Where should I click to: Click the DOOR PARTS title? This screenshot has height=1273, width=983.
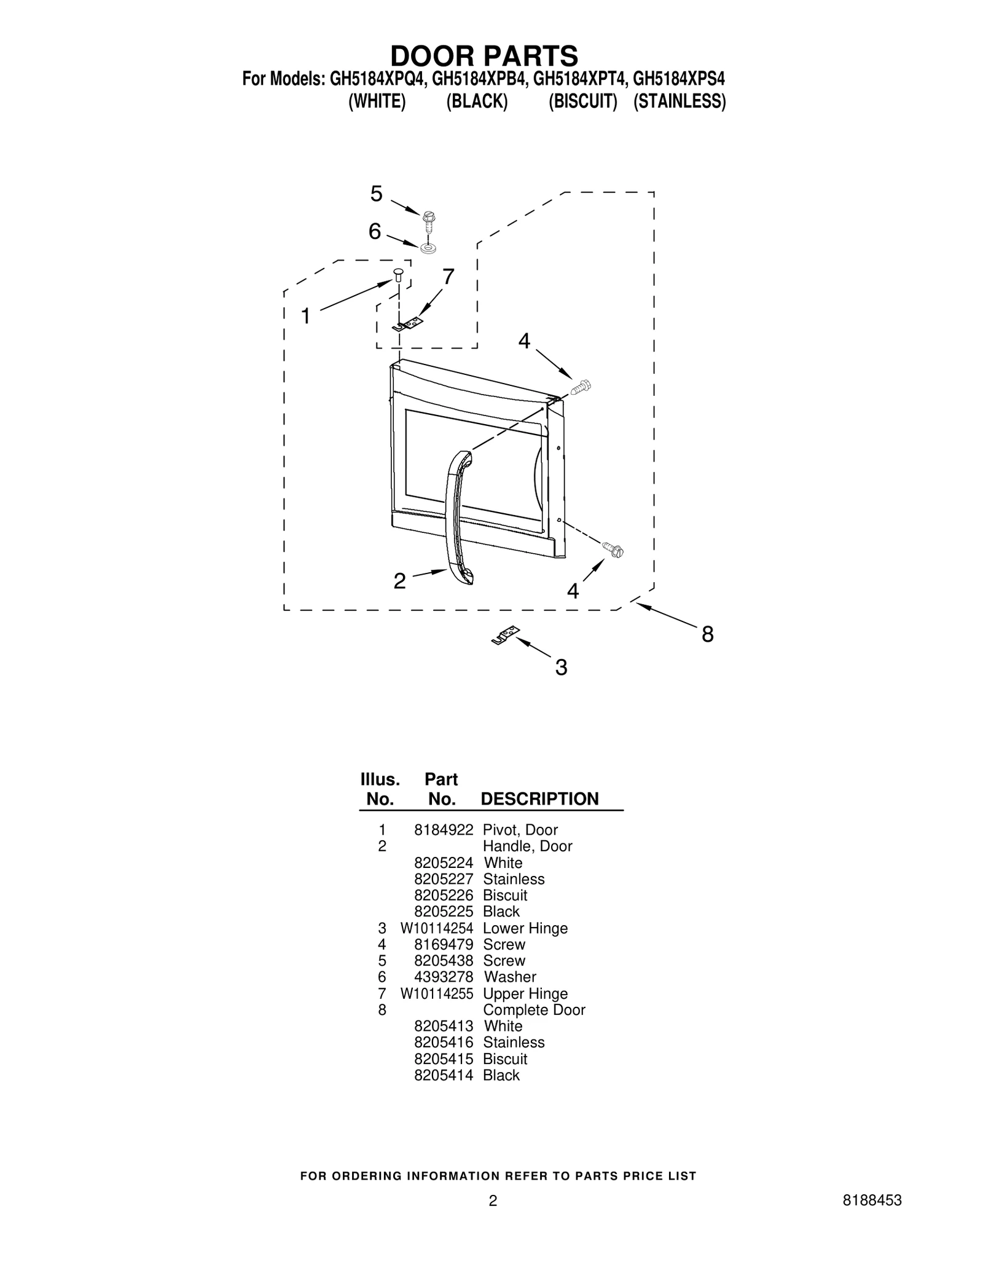(484, 56)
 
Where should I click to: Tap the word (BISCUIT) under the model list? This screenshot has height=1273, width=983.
(582, 101)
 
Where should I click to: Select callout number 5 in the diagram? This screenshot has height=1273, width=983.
(376, 194)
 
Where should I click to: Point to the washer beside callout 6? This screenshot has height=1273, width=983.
(428, 248)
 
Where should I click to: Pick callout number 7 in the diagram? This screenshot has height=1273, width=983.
(448, 278)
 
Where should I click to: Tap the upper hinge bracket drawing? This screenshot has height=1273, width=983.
(407, 324)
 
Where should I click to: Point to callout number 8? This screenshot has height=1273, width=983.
(708, 634)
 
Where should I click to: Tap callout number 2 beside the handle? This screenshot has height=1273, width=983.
(399, 581)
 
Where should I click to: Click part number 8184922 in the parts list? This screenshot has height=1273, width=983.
(444, 830)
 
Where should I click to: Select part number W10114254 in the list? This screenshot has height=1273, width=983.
(437, 929)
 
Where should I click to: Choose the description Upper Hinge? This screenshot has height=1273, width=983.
(525, 995)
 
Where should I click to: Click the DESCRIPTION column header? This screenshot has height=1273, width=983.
(539, 799)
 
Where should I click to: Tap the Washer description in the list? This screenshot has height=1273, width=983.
(510, 977)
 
